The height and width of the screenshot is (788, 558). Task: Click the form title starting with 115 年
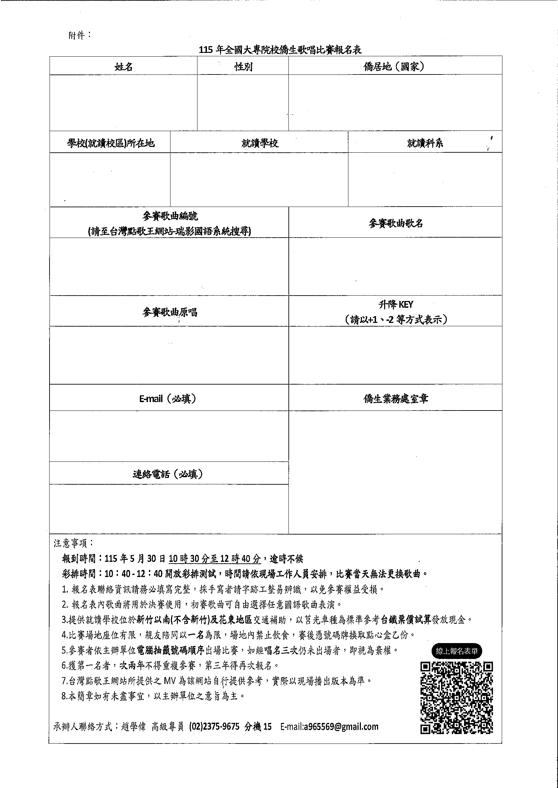tap(280, 50)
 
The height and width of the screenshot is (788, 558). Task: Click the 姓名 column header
tap(123, 66)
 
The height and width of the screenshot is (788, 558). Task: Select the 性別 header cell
tap(243, 66)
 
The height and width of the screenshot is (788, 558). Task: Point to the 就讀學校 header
tap(259, 143)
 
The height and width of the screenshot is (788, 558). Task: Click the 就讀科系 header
tap(425, 143)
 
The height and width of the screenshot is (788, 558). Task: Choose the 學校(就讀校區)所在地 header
tap(111, 143)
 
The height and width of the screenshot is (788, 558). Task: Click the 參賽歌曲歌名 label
tap(395, 223)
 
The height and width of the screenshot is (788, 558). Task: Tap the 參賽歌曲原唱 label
tap(170, 312)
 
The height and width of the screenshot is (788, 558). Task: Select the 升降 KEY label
tap(396, 304)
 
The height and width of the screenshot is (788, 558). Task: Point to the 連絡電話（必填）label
tap(168, 474)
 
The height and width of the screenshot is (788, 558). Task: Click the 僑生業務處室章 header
tap(396, 399)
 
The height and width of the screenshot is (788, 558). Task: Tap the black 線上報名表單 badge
tap(457, 651)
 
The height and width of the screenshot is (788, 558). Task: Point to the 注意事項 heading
tap(73, 543)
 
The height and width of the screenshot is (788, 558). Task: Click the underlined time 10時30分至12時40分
tap(215, 559)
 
